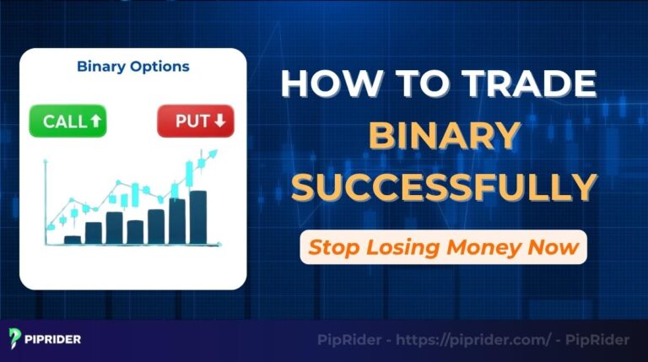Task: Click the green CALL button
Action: (x=67, y=121)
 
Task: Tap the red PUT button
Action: (x=195, y=121)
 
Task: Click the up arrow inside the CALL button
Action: (x=95, y=122)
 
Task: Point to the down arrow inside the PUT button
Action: (x=219, y=122)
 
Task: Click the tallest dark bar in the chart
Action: (x=198, y=217)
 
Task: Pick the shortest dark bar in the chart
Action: (x=73, y=240)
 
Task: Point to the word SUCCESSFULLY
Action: (x=444, y=186)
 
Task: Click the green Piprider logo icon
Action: (x=16, y=340)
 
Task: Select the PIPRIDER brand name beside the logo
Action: (x=53, y=340)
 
